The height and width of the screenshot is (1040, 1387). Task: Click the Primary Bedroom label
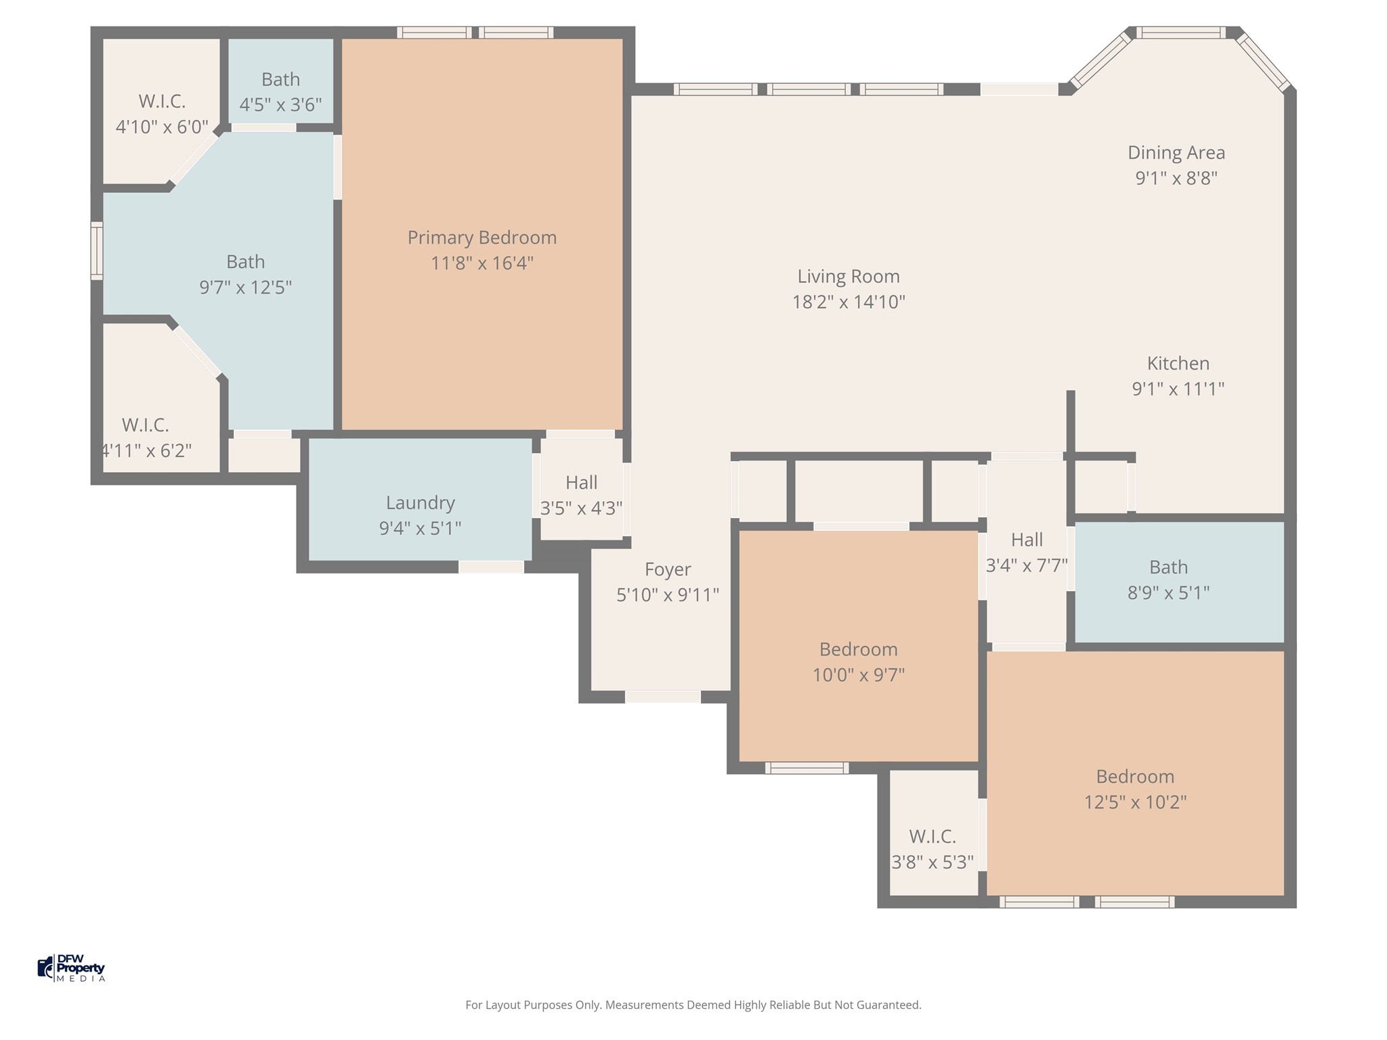[x=482, y=238]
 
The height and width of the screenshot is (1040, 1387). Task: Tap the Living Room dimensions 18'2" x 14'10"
[x=849, y=302]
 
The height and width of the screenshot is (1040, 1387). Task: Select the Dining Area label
[x=1176, y=153]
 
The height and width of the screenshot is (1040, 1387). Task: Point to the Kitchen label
[x=1178, y=364]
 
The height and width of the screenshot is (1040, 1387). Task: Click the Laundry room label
[x=420, y=503]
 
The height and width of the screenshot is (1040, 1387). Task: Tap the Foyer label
[x=668, y=569]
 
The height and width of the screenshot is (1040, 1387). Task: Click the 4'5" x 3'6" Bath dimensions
[x=280, y=106]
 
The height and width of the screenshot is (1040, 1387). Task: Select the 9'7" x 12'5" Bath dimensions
[x=245, y=288]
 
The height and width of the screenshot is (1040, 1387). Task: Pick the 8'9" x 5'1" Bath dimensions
[x=1168, y=593]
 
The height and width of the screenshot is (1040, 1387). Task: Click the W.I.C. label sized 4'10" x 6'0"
[x=162, y=102]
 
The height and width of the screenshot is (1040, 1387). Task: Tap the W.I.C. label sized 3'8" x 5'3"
[x=933, y=837]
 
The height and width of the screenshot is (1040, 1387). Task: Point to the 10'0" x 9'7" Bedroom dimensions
[x=859, y=675]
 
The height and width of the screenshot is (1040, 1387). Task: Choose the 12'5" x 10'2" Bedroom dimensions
[x=1135, y=802]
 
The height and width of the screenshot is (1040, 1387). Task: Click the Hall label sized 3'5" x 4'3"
[x=581, y=483]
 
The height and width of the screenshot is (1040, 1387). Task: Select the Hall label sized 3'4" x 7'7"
[x=1027, y=540]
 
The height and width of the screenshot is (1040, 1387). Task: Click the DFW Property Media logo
[x=72, y=968]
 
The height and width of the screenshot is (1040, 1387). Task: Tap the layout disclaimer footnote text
[x=693, y=1005]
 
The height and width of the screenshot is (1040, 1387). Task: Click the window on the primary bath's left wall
[x=97, y=251]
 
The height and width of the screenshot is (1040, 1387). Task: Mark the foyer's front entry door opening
[x=662, y=697]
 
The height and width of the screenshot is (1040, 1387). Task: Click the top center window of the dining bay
[x=1180, y=32]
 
